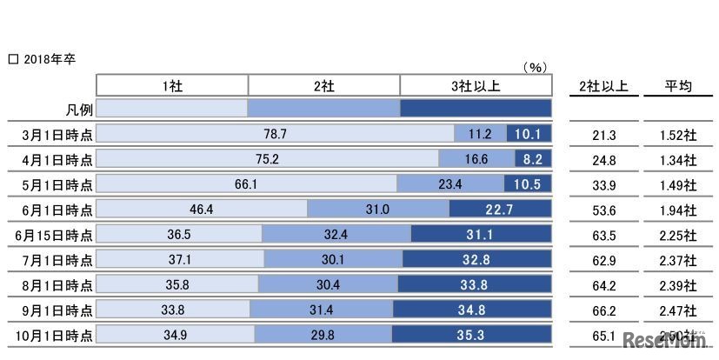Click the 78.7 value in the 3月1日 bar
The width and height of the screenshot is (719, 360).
(x=275, y=134)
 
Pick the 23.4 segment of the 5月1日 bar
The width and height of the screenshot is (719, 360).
(x=449, y=184)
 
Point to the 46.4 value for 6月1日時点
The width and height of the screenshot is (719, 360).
(x=201, y=210)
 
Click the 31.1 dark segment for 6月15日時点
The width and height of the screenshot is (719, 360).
(x=481, y=234)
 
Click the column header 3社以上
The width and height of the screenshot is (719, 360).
(x=476, y=85)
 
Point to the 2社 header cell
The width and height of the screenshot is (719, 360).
(x=324, y=85)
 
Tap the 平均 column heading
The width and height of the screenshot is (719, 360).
(x=677, y=85)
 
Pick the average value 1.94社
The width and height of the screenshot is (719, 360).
(x=677, y=210)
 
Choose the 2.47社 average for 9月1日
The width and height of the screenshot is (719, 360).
(x=677, y=310)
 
